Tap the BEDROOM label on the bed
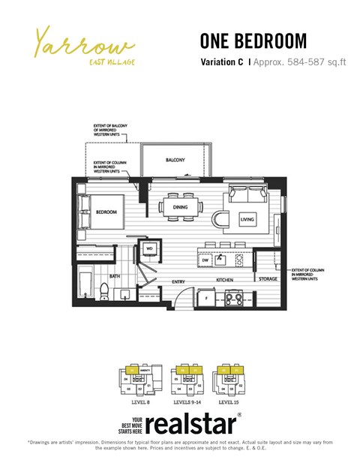coord(106,212)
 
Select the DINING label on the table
coord(180,206)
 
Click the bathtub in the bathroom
coord(84,287)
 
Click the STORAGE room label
coord(267,279)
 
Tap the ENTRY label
coord(178,281)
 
